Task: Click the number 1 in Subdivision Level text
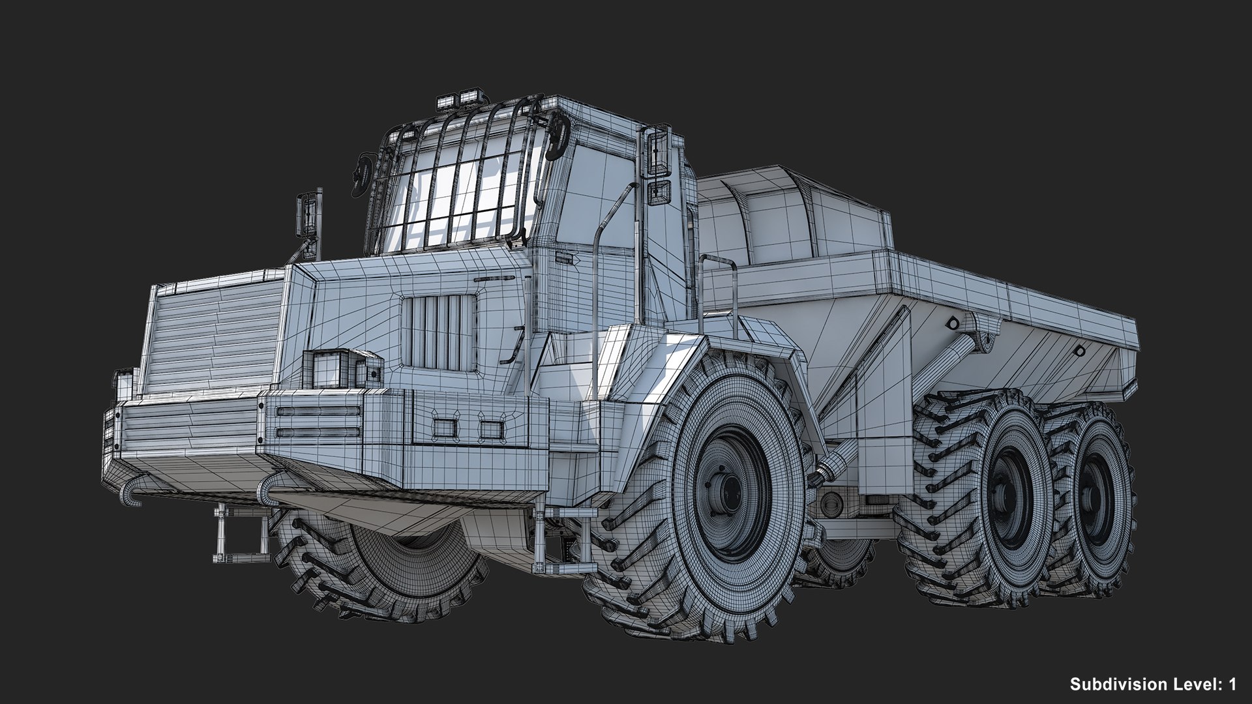coord(1232,684)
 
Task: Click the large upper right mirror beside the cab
coord(659,151)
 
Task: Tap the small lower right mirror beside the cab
coord(660,191)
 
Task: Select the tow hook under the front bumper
coord(134,492)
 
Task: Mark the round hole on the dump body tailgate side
coord(1079,351)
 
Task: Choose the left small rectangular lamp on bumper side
coord(445,428)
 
